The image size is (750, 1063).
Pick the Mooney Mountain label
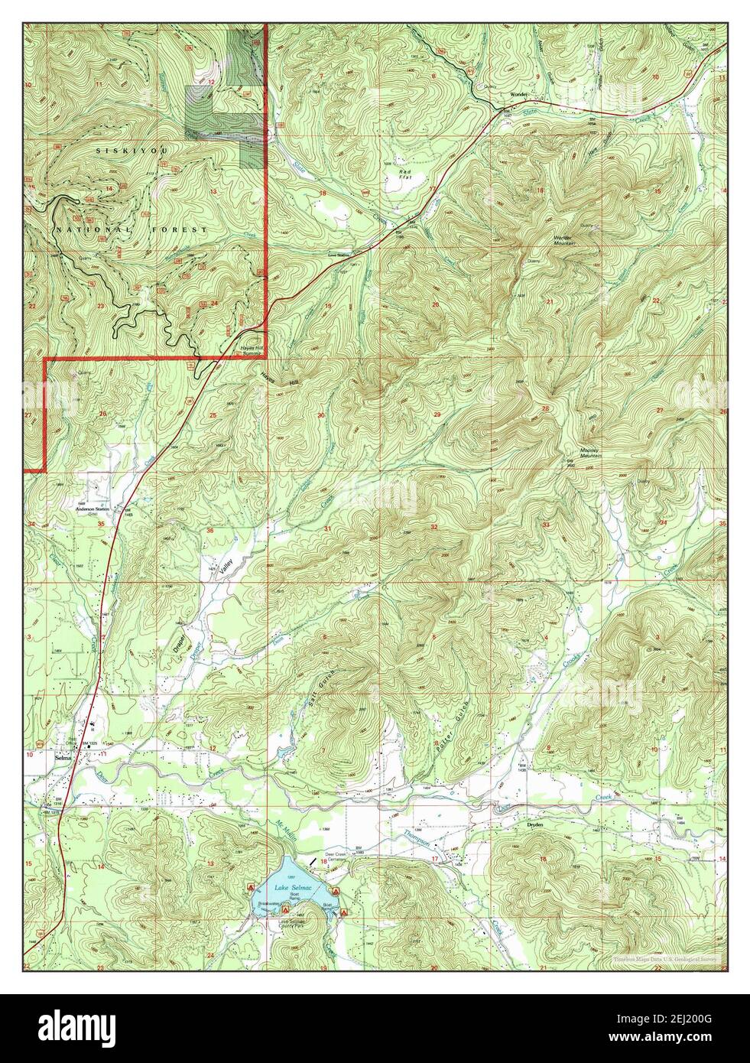tap(591, 453)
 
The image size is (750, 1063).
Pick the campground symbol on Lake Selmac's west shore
tap(252, 886)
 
